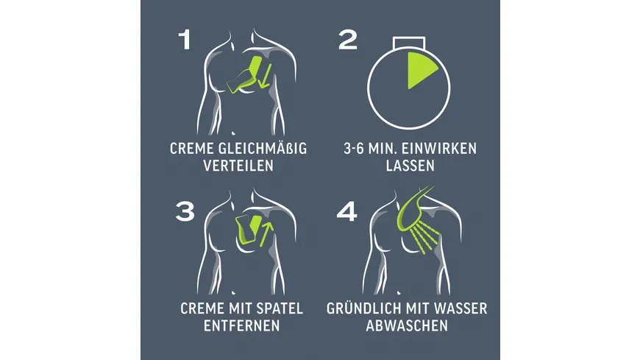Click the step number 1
tap(185, 40)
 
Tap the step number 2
tap(348, 40)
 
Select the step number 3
tap(185, 212)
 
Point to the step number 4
tap(347, 212)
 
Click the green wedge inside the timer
tap(419, 68)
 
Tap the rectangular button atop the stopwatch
tap(409, 43)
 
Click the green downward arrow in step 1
tap(265, 76)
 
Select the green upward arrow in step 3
tap(266, 233)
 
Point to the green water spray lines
tap(426, 239)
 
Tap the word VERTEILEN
tap(238, 166)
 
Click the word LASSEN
tap(410, 166)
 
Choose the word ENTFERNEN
tap(241, 325)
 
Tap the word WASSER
tap(462, 308)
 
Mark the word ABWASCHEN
tap(407, 325)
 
